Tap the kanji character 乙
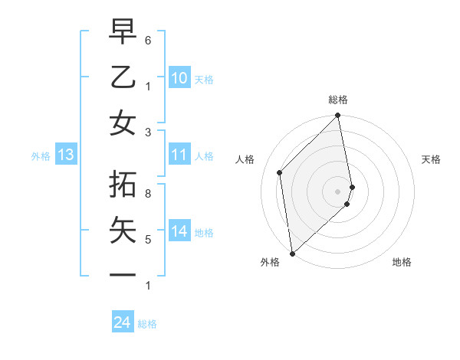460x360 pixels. tap(123, 78)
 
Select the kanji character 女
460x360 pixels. tap(123, 123)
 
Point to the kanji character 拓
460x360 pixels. tap(123, 186)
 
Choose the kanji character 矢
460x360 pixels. tap(123, 231)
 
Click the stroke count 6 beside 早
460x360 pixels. tap(148, 40)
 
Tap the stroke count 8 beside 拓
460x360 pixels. tap(148, 195)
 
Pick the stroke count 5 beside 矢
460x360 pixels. tap(148, 240)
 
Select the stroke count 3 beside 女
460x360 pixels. tap(148, 132)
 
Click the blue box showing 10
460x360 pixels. tap(179, 78)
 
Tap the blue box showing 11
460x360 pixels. tap(179, 155)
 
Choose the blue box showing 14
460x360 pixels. tap(179, 231)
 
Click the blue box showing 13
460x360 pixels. tap(66, 155)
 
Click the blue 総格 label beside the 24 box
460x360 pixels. tap(147, 324)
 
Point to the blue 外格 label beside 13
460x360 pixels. tap(41, 156)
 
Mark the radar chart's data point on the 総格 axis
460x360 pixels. tap(338, 116)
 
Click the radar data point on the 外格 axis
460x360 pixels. tap(292, 253)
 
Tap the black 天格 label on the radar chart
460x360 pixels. tap(431, 159)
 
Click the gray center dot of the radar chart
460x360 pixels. tap(338, 191)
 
